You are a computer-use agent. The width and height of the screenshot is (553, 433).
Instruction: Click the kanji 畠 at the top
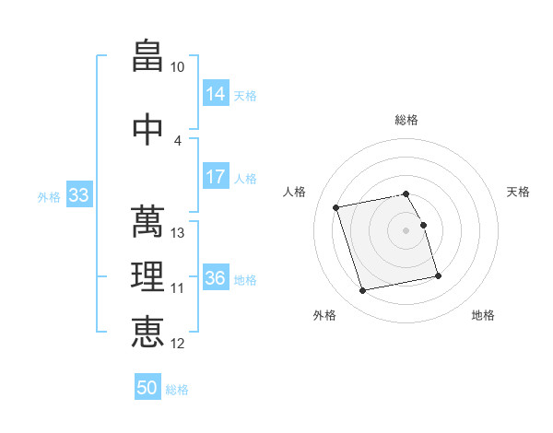coord(147,55)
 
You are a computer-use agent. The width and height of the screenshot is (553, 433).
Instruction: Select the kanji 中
coord(147,129)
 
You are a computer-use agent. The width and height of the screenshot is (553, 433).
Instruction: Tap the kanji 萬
coord(147,221)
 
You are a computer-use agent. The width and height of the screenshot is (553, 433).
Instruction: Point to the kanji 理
coord(147,276)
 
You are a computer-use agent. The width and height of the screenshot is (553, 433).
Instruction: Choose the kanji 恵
coord(147,332)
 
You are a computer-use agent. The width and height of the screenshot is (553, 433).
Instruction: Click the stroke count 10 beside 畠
coord(177,67)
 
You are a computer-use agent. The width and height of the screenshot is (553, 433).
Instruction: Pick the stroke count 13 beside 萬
coord(177,233)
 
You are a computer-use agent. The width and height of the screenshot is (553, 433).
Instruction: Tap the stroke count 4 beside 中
coord(177,141)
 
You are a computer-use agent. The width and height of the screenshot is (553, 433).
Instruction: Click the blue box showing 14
coord(216,93)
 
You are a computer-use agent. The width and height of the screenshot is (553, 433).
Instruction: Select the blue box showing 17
coord(216,176)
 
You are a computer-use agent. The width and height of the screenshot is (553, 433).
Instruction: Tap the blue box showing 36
coord(216,276)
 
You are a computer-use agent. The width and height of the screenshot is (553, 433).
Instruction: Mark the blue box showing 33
coord(79,194)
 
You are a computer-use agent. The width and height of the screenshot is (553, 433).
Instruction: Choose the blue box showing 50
coord(147,386)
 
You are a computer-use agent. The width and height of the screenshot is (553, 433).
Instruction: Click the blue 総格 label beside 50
coord(177,390)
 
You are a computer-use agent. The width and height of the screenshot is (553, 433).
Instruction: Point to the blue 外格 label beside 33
coord(49,197)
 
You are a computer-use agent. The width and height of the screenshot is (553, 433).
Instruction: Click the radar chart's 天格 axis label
coord(518,192)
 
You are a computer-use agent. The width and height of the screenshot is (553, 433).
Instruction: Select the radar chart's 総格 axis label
coord(406,120)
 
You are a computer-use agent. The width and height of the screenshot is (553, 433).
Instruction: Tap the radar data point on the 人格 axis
coord(335,207)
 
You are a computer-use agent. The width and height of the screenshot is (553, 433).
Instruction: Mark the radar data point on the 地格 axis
coord(438,276)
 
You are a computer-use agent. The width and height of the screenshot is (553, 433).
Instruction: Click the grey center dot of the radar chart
coord(406,230)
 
